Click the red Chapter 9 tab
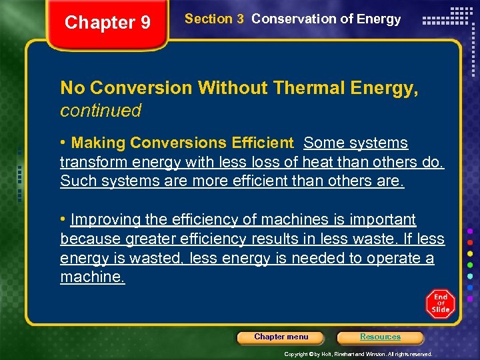(107, 23)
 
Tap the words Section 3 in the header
(214, 19)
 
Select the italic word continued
(101, 111)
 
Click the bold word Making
(99, 143)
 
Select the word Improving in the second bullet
(109, 219)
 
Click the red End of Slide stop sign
(440, 303)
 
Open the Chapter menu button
(281, 337)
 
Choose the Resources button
(380, 337)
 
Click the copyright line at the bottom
(358, 354)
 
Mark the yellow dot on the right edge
(470, 254)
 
